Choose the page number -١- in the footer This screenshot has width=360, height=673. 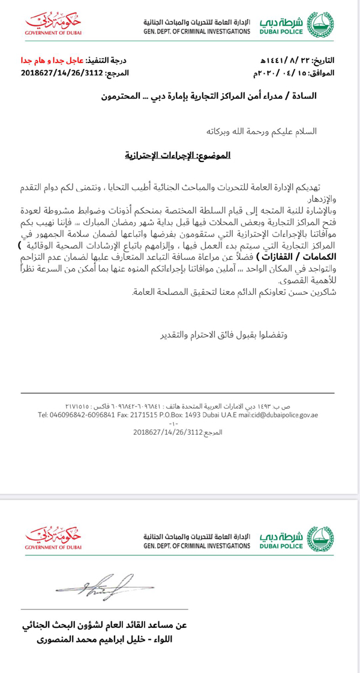[x=179, y=423]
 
